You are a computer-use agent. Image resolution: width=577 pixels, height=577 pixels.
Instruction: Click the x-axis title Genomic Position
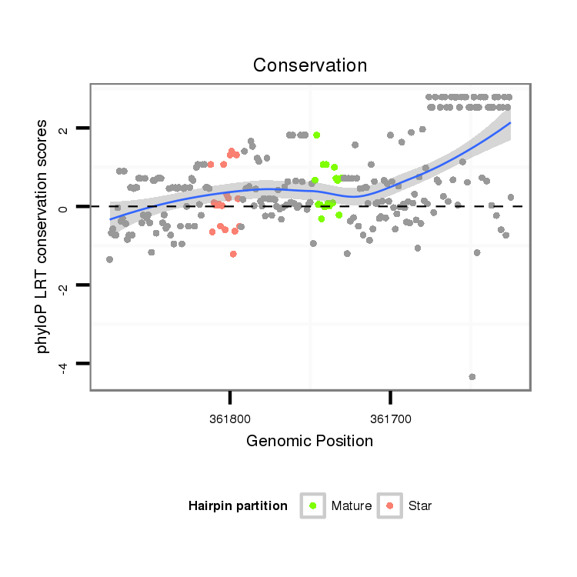tap(309, 441)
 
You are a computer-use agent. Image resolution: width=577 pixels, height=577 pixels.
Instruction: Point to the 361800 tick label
tap(230, 419)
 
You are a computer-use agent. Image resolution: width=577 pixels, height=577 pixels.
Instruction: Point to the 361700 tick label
tap(390, 419)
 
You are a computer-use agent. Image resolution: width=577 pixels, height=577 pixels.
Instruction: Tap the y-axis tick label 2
tap(64, 128)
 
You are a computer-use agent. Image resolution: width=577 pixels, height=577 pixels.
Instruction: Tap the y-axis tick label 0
tap(64, 207)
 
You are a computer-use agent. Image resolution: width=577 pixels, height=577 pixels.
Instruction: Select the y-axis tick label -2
tap(64, 286)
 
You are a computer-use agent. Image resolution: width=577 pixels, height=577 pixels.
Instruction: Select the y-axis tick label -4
tap(64, 365)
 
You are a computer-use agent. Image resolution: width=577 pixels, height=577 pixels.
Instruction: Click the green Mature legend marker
tap(313, 505)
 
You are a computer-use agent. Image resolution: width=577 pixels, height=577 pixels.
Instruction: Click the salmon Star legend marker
tap(390, 505)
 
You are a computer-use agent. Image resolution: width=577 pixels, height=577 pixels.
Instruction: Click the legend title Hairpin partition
tap(238, 506)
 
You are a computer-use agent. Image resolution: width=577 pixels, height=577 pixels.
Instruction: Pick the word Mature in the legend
tap(352, 506)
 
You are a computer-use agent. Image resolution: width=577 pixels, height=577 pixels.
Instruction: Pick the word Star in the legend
tap(420, 506)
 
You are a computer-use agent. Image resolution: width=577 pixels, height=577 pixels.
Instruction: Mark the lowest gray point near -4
tap(472, 376)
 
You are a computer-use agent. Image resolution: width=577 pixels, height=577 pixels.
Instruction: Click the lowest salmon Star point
tap(233, 254)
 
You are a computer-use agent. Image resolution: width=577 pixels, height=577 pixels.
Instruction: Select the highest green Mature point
tap(316, 135)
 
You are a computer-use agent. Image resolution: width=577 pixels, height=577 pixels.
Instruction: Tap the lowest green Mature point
tap(322, 219)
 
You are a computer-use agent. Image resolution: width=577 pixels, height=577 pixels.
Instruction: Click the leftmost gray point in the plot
tap(109, 259)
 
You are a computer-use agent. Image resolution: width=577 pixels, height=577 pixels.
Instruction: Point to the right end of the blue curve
tap(510, 123)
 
